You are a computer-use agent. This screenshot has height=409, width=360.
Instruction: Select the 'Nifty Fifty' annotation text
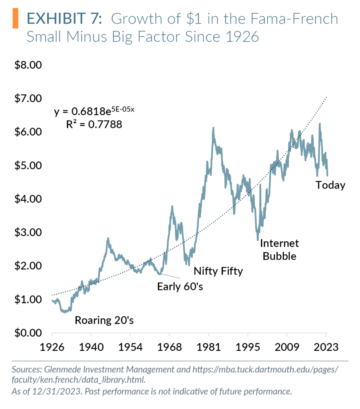(x=218, y=272)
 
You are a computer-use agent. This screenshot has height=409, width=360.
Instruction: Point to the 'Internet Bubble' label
(x=279, y=250)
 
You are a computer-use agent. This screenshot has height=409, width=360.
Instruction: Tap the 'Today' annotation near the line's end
(x=330, y=185)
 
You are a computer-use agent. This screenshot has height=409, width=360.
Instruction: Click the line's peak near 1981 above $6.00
(x=213, y=128)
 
